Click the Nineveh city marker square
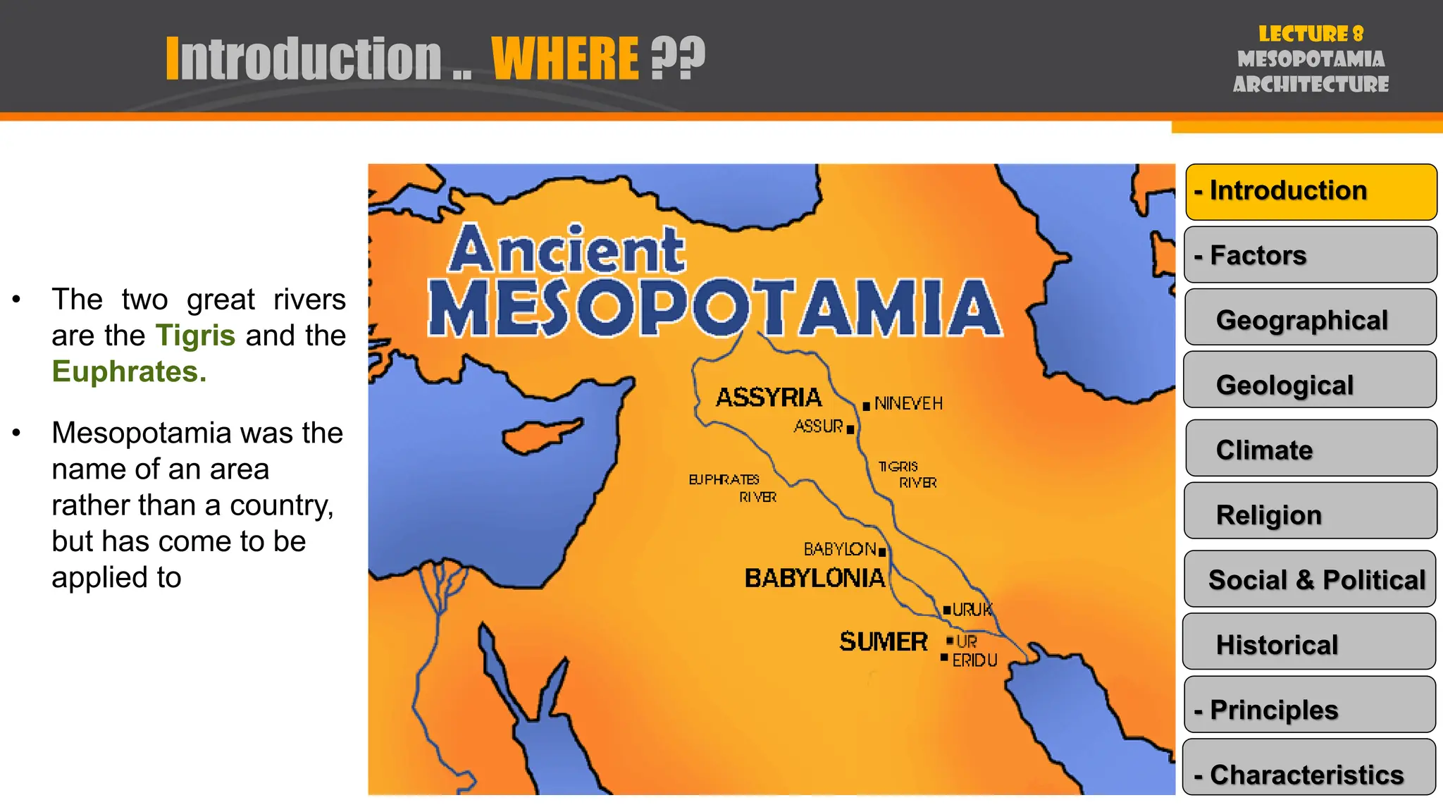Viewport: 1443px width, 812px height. pyautogui.click(x=866, y=406)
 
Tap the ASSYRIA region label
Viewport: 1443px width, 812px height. pyautogui.click(x=769, y=398)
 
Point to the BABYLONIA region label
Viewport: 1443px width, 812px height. pyautogui.click(x=815, y=579)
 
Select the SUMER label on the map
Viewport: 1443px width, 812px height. pyautogui.click(x=884, y=642)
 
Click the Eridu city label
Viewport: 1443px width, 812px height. pyautogui.click(x=974, y=660)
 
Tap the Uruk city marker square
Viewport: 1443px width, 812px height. pyautogui.click(x=948, y=610)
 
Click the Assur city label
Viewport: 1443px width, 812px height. pyautogui.click(x=818, y=426)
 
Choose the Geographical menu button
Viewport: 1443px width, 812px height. pyautogui.click(x=1311, y=320)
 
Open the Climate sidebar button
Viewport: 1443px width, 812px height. pyautogui.click(x=1311, y=450)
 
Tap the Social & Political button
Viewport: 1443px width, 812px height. pyautogui.click(x=1311, y=579)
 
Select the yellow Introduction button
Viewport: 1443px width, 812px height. pyautogui.click(x=1311, y=191)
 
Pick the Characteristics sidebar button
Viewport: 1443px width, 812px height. pyautogui.click(x=1309, y=774)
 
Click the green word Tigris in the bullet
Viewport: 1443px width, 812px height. pyautogui.click(x=195, y=336)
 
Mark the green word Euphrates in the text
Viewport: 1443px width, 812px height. pyautogui.click(x=128, y=371)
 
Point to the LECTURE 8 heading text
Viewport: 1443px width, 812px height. pyautogui.click(x=1311, y=34)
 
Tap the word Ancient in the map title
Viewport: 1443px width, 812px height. pyautogui.click(x=566, y=250)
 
